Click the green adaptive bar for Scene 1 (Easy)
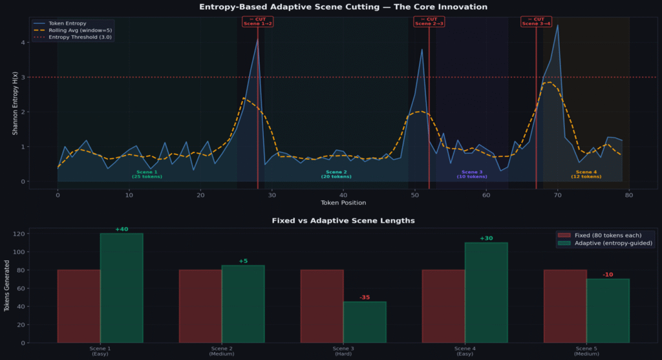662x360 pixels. pos(122,288)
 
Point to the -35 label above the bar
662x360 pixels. pos(365,298)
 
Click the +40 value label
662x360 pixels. pos(122,229)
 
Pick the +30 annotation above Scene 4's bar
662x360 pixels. pos(486,238)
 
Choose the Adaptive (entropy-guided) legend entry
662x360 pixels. pos(614,243)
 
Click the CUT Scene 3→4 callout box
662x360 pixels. pos(536,21)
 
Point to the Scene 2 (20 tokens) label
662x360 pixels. pos(336,174)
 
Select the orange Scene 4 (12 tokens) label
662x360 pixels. pos(586,174)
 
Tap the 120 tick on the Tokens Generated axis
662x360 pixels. pos(23,234)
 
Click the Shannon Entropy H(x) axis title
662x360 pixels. pos(15,103)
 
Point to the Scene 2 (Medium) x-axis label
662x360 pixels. pos(221,351)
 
